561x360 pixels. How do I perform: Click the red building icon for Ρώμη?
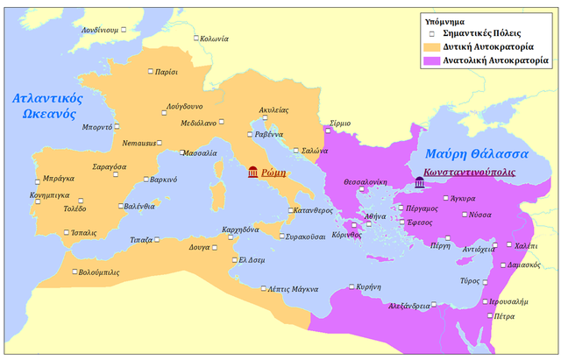point(253,172)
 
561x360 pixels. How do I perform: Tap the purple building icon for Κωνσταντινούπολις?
point(420,182)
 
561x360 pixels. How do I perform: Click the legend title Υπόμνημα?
point(444,18)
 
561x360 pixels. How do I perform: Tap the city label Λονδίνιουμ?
point(99,29)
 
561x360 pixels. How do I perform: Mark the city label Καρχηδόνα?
point(239,229)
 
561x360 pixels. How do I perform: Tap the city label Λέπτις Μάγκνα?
point(294,289)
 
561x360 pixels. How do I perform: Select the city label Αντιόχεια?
point(479,249)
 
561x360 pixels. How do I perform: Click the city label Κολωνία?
point(214,39)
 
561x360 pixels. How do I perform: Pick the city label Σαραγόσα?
point(109,166)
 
